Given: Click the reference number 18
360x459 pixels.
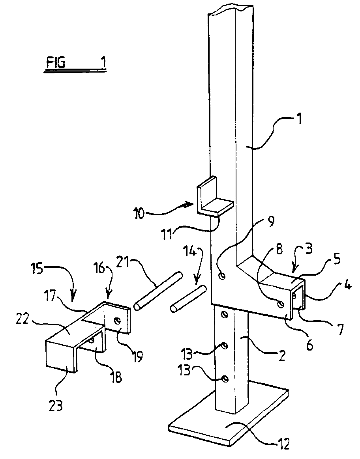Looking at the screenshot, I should pos(116,378).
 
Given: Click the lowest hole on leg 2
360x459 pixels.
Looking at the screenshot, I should pos(224,379).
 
